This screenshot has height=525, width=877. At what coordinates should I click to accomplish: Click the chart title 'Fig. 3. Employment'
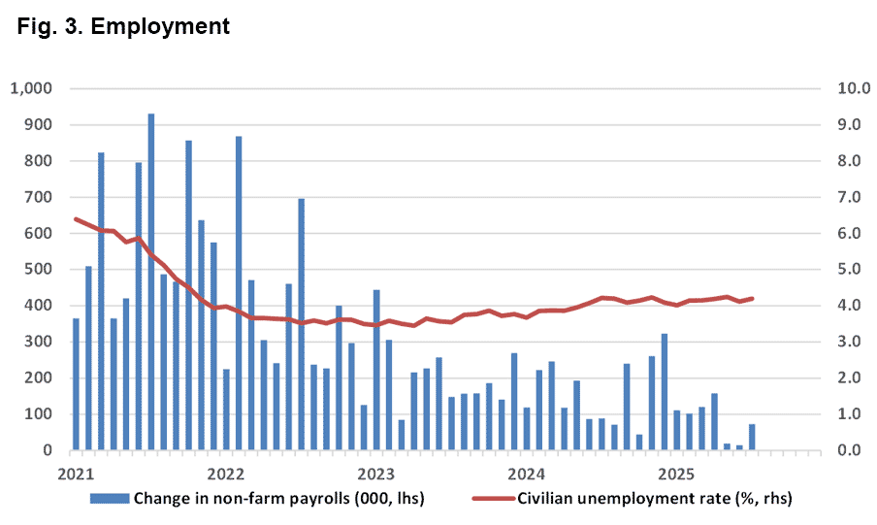click(x=123, y=26)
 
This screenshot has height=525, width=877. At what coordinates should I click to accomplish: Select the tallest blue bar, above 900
click(x=150, y=281)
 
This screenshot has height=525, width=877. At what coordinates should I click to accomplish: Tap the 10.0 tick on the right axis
click(x=839, y=89)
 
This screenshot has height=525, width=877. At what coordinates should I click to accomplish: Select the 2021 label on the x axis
click(x=75, y=475)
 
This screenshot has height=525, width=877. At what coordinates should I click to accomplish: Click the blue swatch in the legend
click(x=110, y=499)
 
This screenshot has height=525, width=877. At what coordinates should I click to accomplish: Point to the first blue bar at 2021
click(x=76, y=384)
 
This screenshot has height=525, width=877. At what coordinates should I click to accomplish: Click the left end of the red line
click(x=76, y=219)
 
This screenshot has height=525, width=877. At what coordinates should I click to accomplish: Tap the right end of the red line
click(x=752, y=299)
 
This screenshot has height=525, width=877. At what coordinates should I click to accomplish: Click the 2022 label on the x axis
click(x=225, y=475)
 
